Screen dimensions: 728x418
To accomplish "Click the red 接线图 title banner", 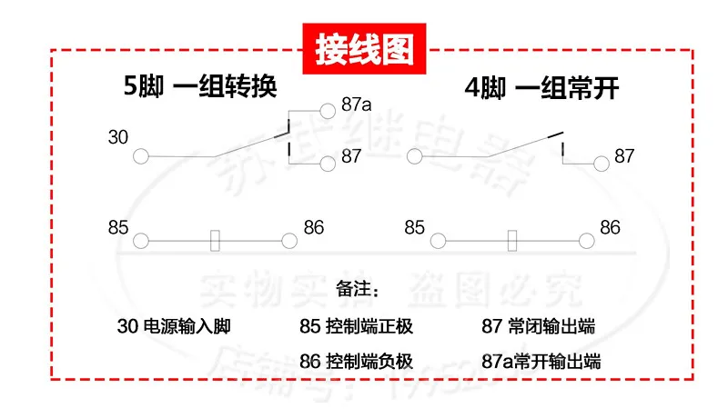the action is (x=364, y=51).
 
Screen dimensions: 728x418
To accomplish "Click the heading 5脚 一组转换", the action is (x=199, y=88).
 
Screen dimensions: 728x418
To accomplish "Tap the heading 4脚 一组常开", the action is (x=541, y=88).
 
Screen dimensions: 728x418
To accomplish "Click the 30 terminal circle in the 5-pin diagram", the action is (x=141, y=156).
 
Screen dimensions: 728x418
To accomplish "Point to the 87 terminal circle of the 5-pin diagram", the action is (x=328, y=164).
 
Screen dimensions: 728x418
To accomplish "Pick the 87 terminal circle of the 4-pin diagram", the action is (x=601, y=164).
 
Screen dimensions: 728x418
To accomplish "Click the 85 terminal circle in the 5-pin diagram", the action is (x=141, y=241).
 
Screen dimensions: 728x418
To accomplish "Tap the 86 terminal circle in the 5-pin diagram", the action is (x=289, y=241).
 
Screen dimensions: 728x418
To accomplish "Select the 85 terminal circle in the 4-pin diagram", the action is (x=438, y=241).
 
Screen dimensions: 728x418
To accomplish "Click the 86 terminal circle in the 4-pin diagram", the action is (x=586, y=241).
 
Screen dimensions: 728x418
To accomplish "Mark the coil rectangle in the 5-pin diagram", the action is (x=216, y=241).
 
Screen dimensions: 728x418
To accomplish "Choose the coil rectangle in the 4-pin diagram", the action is (x=512, y=241).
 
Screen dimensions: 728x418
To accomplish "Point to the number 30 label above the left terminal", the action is (x=118, y=137).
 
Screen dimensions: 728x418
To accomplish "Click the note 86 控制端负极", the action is (x=356, y=361).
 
